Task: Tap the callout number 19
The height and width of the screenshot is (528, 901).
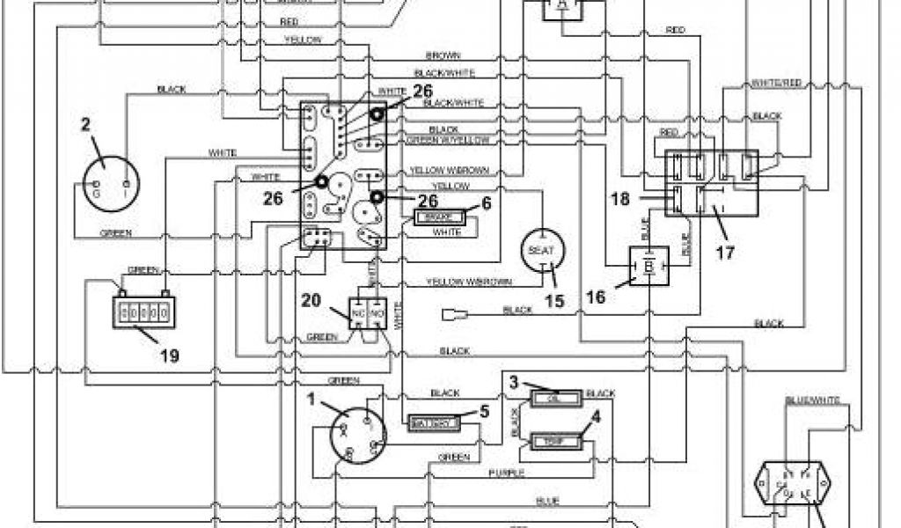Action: pyautogui.click(x=170, y=356)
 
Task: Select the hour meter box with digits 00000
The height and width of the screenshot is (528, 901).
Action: pyautogui.click(x=140, y=312)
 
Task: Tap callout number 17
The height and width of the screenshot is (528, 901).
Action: pyautogui.click(x=725, y=253)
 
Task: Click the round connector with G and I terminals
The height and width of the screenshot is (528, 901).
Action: pyautogui.click(x=104, y=183)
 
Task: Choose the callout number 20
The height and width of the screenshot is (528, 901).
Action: pyautogui.click(x=311, y=300)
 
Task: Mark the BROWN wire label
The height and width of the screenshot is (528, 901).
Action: pyautogui.click(x=444, y=55)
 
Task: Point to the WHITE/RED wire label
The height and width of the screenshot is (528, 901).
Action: pyautogui.click(x=776, y=84)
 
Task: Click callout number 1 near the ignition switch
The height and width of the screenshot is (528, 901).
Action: pyautogui.click(x=311, y=398)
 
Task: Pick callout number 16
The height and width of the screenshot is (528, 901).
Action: pyautogui.click(x=596, y=297)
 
